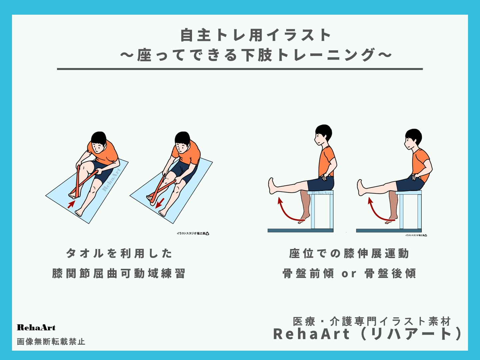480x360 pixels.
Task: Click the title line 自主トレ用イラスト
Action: [x=256, y=35]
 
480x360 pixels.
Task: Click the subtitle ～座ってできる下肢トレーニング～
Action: [x=256, y=55]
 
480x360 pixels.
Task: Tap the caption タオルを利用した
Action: [x=119, y=253]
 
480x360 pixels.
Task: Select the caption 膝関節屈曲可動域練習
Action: [x=119, y=273]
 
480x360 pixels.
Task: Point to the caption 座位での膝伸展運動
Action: [x=349, y=253]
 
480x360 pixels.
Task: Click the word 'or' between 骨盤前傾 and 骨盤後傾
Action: [x=349, y=274]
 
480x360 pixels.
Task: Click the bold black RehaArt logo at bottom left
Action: [x=36, y=328]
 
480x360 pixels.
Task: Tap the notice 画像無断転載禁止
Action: [x=51, y=342]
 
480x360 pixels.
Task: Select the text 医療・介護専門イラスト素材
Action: [x=372, y=321]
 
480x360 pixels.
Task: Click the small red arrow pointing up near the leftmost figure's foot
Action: [x=71, y=204]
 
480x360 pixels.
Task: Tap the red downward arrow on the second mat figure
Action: [x=161, y=202]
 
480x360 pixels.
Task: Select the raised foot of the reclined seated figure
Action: [x=361, y=187]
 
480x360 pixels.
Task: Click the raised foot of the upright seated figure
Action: [x=273, y=186]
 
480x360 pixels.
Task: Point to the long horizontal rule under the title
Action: [x=240, y=69]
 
